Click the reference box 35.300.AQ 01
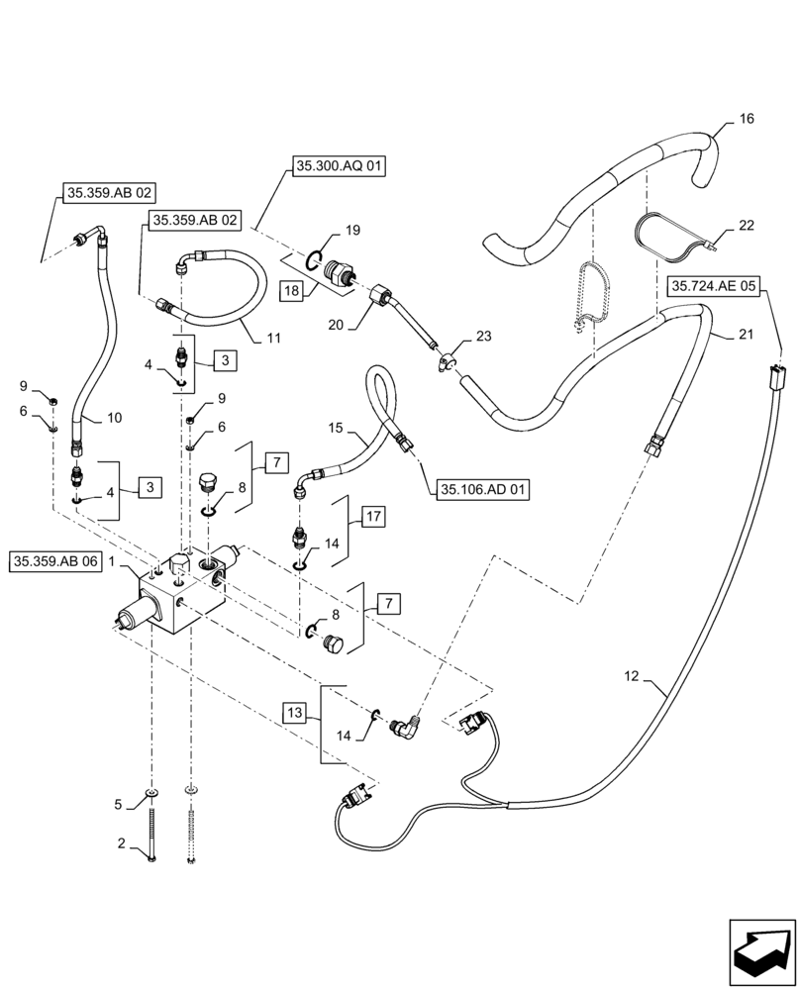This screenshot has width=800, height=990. click(x=339, y=167)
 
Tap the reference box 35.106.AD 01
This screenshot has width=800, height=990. click(x=481, y=489)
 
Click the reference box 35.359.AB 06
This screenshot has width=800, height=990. click(x=56, y=561)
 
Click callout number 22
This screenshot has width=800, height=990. click(x=746, y=226)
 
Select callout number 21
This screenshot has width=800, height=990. click(x=746, y=335)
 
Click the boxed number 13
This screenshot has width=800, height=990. click(x=293, y=712)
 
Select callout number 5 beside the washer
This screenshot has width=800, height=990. click(x=121, y=804)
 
